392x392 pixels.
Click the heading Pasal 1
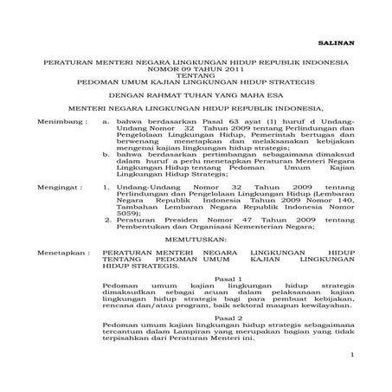(228, 280)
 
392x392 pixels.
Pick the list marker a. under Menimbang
(106, 124)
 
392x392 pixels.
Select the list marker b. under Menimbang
(106, 154)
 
